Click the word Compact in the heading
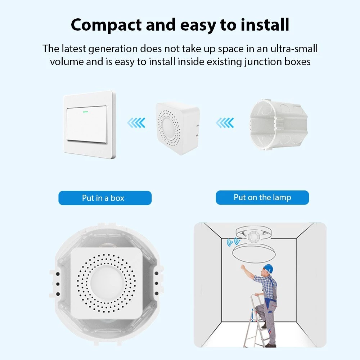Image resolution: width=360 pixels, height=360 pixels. point(106,25)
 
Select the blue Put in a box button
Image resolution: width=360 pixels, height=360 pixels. point(105,198)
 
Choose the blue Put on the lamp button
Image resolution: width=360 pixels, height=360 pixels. point(262,197)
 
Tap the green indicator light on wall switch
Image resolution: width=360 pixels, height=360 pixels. point(85,112)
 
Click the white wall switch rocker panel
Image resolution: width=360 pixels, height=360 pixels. point(87,124)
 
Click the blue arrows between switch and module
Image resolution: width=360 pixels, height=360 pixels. point(136,123)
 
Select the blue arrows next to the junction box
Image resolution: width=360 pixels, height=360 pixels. point(225,123)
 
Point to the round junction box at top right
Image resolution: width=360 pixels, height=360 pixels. point(279,125)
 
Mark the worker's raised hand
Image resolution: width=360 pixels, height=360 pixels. point(242,267)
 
